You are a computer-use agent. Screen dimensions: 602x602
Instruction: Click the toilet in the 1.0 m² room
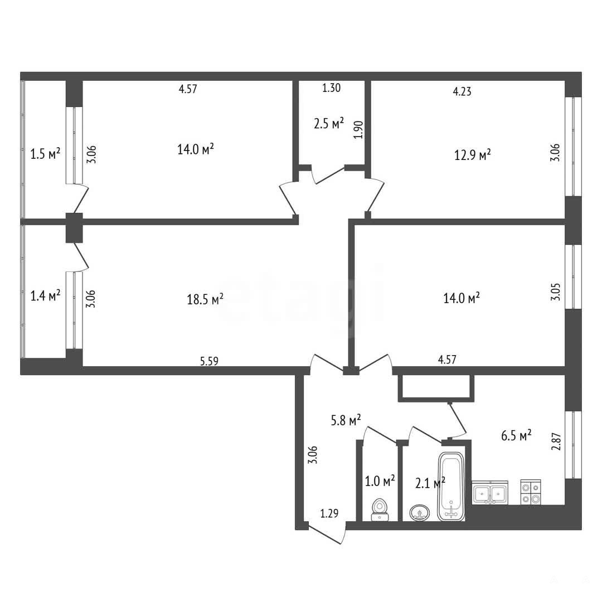380,509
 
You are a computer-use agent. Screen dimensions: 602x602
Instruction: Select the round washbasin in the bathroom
420,513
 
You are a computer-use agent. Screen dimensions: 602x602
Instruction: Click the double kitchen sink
490,493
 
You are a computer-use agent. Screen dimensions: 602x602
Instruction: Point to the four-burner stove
531,492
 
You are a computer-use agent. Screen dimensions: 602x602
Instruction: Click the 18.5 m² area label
205,299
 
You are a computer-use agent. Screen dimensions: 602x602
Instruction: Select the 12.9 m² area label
473,155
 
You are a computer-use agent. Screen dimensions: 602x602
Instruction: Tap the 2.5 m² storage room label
329,124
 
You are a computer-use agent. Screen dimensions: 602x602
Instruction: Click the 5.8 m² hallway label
346,420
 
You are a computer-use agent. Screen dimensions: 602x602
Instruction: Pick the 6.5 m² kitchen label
516,435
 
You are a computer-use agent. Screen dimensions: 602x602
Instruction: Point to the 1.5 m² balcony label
45,154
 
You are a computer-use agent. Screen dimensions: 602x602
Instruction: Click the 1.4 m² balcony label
45,295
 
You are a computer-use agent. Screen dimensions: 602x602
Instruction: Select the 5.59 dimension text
209,361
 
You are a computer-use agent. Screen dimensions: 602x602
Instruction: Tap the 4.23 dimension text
462,91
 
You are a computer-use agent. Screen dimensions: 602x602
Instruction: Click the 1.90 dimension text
358,130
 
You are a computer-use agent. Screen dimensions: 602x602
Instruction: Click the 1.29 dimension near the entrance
329,513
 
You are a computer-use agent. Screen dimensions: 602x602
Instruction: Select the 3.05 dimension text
556,292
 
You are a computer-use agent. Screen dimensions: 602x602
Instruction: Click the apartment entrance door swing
326,532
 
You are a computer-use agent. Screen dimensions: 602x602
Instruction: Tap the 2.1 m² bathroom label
430,482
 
